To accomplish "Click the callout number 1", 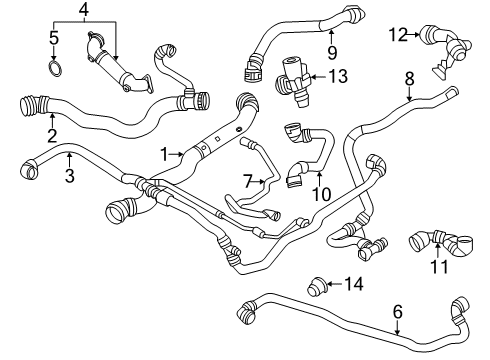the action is click(x=165, y=154).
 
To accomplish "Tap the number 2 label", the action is click(x=52, y=136).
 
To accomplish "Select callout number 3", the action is click(x=69, y=176).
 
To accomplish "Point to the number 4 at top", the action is click(x=84, y=10).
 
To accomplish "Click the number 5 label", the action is click(x=54, y=38).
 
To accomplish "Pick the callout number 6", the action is click(x=398, y=312).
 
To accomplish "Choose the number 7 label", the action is click(x=247, y=181).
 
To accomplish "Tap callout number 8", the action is click(x=409, y=79).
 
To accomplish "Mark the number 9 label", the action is click(x=332, y=53).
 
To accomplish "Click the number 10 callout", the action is click(x=321, y=194).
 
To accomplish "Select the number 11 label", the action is click(x=439, y=266).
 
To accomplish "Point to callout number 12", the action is click(x=398, y=35).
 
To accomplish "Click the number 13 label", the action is click(x=338, y=76).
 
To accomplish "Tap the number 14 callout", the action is click(x=354, y=284).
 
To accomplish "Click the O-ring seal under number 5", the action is click(x=55, y=68).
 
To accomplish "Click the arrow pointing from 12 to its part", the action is click(x=414, y=34).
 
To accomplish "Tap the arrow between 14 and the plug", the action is click(x=334, y=284).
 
